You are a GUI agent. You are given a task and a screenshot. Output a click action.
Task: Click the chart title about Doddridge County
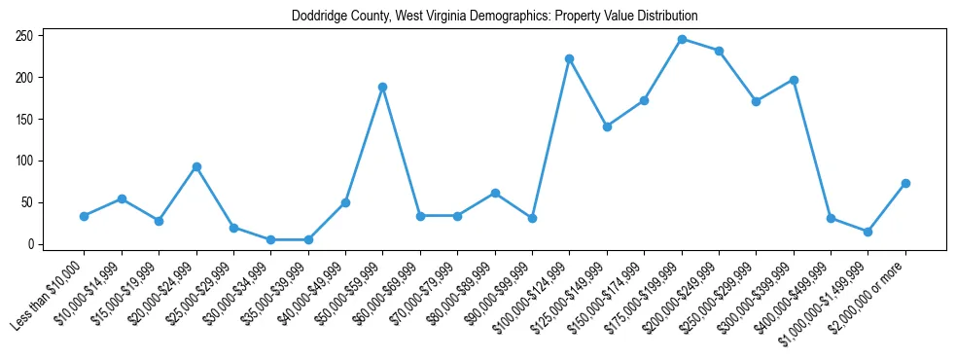[x=494, y=17]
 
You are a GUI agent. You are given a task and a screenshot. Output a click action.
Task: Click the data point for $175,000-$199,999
[x=682, y=39]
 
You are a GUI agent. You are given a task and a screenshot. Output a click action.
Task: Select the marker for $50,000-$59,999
[x=383, y=87]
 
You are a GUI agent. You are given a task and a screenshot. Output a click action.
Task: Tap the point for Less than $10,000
[x=85, y=216]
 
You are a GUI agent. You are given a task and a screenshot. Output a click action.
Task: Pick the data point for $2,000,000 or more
[x=905, y=183]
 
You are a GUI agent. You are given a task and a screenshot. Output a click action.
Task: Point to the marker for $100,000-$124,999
[x=570, y=58]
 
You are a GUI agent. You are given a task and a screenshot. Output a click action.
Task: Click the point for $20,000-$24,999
[x=196, y=166]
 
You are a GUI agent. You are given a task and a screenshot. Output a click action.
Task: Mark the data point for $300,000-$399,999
[x=794, y=80]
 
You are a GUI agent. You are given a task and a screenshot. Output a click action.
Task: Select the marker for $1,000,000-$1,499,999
[x=868, y=232]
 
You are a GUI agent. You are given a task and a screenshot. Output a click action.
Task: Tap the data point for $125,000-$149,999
[x=607, y=126]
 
